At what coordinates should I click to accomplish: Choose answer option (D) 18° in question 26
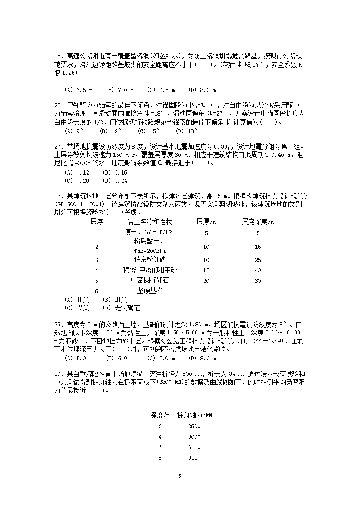click(187, 131)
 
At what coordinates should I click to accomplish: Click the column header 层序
click(97, 222)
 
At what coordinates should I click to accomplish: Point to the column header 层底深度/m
click(258, 222)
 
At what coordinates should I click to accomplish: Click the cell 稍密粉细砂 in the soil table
click(150, 260)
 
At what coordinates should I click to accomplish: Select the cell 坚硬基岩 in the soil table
click(150, 291)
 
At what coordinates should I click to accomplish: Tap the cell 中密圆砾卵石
click(150, 281)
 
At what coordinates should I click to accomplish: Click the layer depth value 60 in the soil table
click(258, 281)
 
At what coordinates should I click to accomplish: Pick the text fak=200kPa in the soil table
click(150, 251)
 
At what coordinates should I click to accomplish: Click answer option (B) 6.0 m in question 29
click(120, 359)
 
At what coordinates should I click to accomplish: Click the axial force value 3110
click(194, 447)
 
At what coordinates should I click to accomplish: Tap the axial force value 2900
click(194, 427)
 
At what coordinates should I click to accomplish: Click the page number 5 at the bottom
click(180, 476)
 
